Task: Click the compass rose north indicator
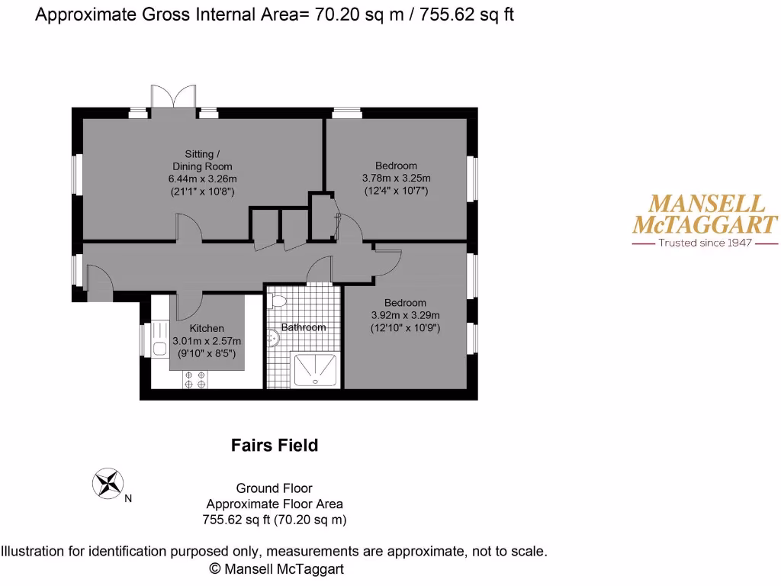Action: [108, 482]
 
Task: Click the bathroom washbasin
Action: [273, 338]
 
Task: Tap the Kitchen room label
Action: [207, 329]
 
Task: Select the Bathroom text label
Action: [304, 327]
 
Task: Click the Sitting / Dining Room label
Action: [201, 160]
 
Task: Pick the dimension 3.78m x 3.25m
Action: [396, 179]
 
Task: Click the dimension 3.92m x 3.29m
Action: [405, 315]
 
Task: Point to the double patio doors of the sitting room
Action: [173, 98]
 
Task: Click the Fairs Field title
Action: [275, 445]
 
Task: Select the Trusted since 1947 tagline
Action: [705, 243]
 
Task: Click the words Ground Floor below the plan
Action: [275, 488]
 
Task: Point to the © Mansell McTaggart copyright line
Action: [276, 568]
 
